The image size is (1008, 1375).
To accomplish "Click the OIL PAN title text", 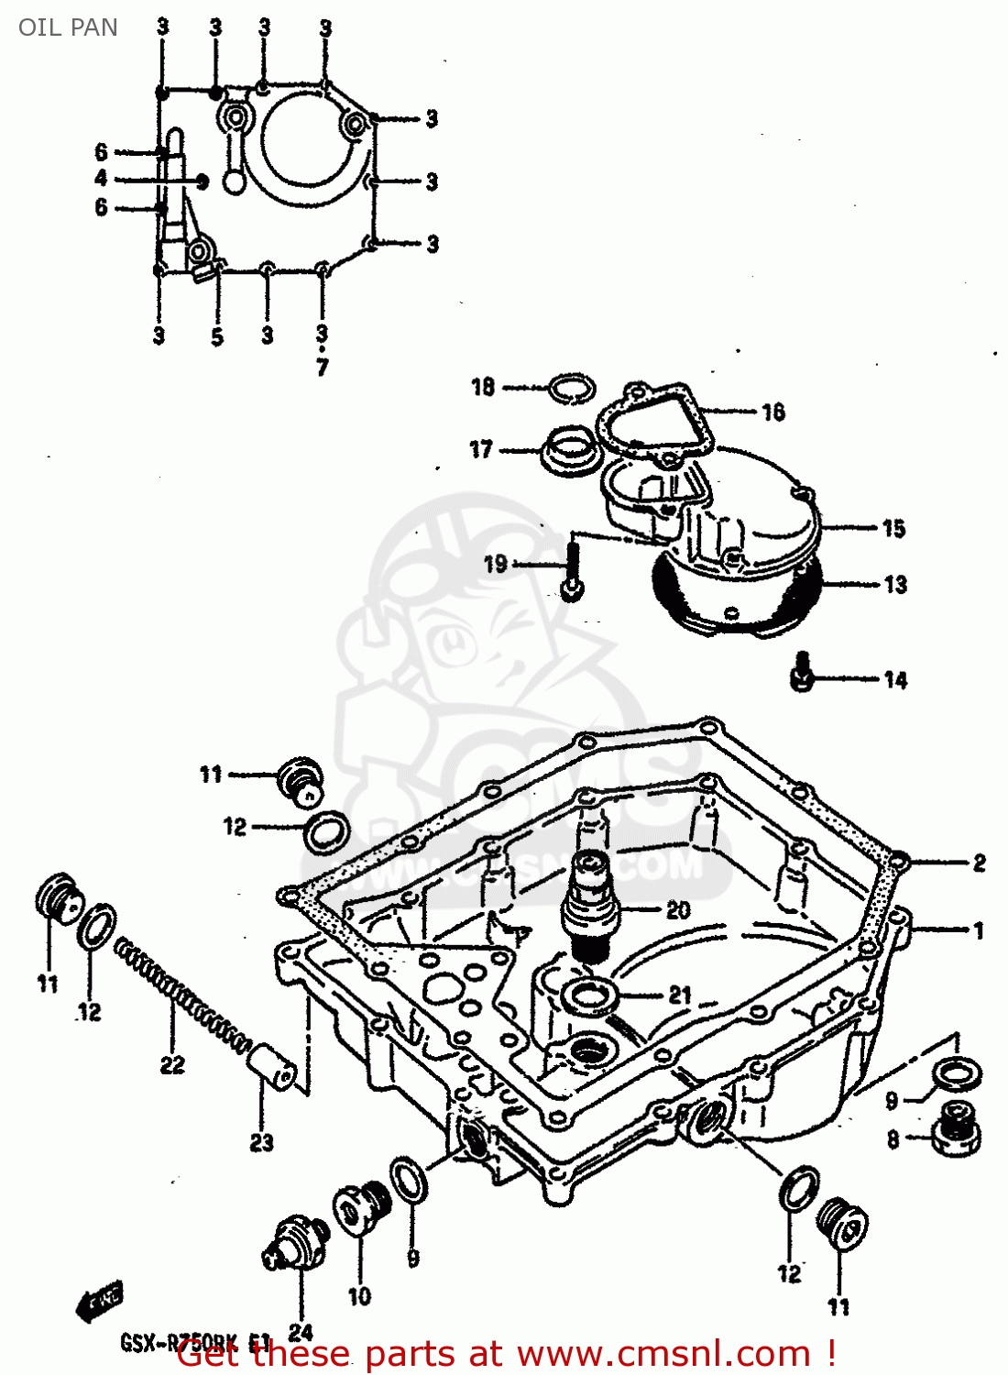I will pos(68,27).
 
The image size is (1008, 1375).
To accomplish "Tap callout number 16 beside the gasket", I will pos(772,412).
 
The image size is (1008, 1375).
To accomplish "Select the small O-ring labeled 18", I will pos(571,389).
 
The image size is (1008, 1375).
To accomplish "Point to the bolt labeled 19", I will pos(573,569).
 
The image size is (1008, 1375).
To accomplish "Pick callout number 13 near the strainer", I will pos(894,585).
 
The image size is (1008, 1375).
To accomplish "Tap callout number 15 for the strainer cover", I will pos(893,529).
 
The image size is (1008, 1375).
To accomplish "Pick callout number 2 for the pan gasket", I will pos(979,863).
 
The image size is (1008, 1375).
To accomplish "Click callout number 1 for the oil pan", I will pos(979,930).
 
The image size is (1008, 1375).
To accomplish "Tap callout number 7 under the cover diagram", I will pos(322,368).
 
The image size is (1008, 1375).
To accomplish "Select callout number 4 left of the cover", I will pos(101,179).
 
